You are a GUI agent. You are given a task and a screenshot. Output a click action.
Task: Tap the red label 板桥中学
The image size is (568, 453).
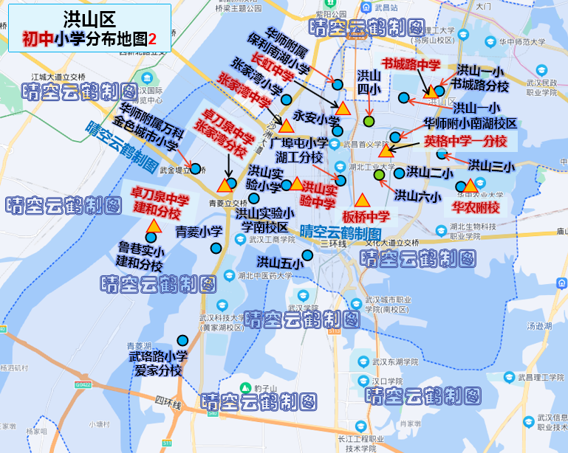pyautogui.click(x=366, y=217)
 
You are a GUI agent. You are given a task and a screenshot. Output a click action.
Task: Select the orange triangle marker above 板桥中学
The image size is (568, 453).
pyautogui.click(x=362, y=200)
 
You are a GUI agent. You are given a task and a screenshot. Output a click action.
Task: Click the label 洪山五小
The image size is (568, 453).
pyautogui.click(x=280, y=262)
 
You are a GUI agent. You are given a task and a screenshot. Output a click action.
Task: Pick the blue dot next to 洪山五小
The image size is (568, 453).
pyautogui.click(x=307, y=255)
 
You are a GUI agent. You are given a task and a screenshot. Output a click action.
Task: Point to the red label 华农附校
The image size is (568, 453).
pyautogui.click(x=476, y=207)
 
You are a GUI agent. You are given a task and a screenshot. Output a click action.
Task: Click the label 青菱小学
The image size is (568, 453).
pyautogui.click(x=199, y=231)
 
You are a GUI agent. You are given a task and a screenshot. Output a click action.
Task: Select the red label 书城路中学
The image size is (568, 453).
pyautogui.click(x=411, y=65)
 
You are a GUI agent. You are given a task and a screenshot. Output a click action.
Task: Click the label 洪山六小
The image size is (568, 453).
pyautogui.click(x=417, y=196)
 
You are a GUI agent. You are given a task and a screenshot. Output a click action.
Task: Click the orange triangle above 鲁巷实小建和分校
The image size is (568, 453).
pyautogui.click(x=154, y=226)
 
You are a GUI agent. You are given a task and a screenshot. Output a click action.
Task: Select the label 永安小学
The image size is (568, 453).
pyautogui.click(x=316, y=117)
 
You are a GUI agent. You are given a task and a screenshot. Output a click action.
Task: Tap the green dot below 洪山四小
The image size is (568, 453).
pyautogui.click(x=369, y=121)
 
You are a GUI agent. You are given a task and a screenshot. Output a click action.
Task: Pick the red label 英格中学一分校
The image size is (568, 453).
pyautogui.click(x=465, y=141)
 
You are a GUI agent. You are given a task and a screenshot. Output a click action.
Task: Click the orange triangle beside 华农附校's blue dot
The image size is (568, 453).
pyautogui.click(x=470, y=184)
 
